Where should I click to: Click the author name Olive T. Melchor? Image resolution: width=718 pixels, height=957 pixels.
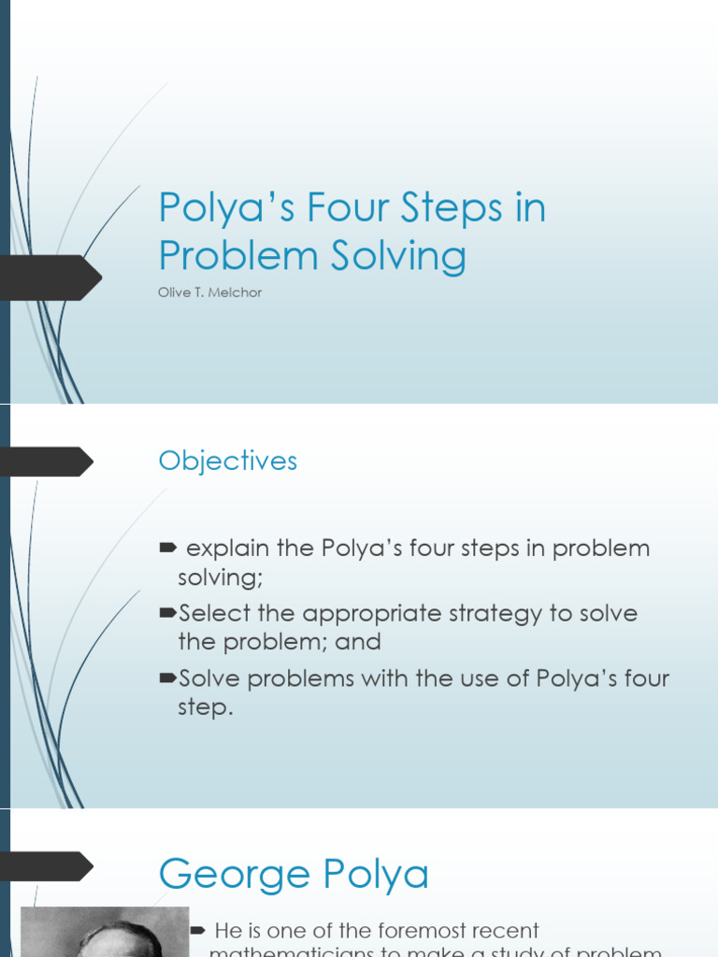209,293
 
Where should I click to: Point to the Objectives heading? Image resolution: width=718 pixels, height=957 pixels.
228,461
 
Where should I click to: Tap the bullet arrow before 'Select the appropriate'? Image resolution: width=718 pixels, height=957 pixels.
167,613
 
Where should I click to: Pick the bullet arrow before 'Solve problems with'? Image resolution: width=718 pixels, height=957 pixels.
167,678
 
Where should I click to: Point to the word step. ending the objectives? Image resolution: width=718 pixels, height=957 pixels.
205,707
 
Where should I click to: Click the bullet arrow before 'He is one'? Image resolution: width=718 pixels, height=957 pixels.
197,930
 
